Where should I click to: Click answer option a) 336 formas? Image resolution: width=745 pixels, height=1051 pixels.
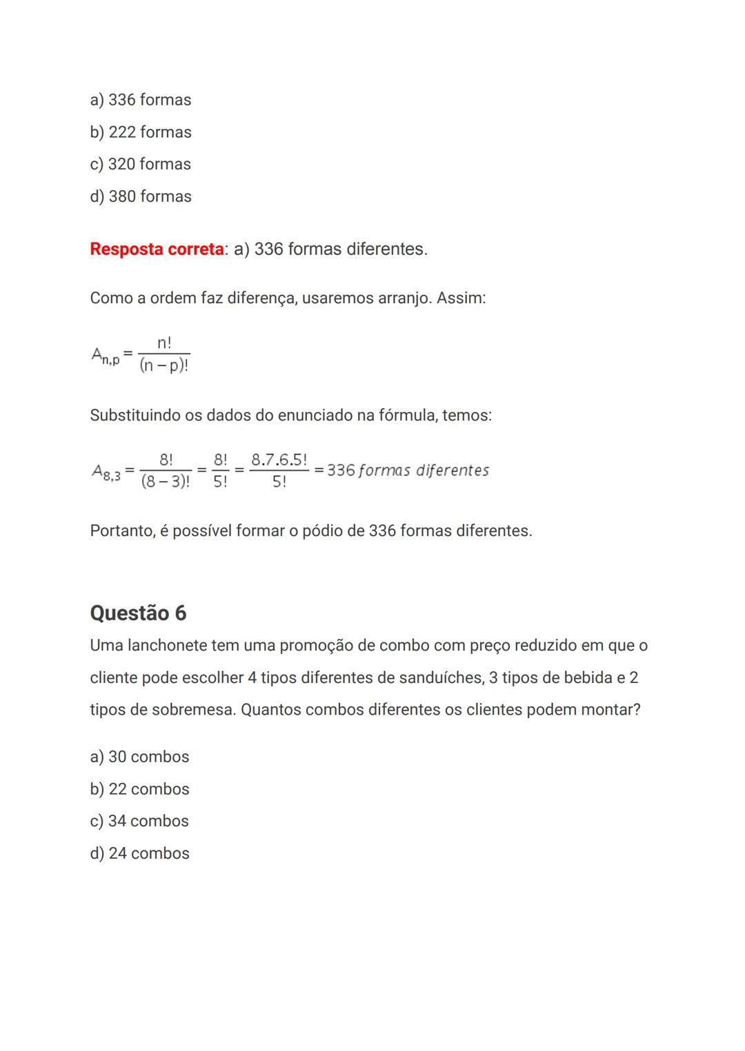pyautogui.click(x=141, y=100)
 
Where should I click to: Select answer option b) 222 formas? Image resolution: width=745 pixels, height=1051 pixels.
pyautogui.click(x=141, y=132)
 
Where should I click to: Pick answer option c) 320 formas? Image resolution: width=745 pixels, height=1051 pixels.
pyautogui.click(x=141, y=164)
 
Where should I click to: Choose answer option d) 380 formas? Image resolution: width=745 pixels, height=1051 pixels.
pyautogui.click(x=141, y=196)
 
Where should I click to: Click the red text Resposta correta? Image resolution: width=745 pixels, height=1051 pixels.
pyautogui.click(x=157, y=249)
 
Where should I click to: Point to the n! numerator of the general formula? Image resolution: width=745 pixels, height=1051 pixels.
pyautogui.click(x=164, y=343)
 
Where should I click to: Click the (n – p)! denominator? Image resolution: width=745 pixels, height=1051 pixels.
pyautogui.click(x=164, y=365)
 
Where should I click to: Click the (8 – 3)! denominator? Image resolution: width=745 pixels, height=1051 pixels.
pyautogui.click(x=166, y=482)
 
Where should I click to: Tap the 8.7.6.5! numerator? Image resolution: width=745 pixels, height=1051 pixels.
pyautogui.click(x=279, y=460)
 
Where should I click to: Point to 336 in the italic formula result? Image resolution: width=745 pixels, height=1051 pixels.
pyautogui.click(x=341, y=471)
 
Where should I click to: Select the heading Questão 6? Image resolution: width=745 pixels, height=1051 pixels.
pyautogui.click(x=138, y=613)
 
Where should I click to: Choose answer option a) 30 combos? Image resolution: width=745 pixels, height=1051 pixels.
pyautogui.click(x=139, y=757)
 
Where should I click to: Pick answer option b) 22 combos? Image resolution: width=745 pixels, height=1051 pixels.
pyautogui.click(x=139, y=789)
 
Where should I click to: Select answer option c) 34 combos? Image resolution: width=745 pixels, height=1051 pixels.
pyautogui.click(x=139, y=821)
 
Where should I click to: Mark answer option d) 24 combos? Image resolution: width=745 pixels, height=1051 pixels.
pyautogui.click(x=139, y=853)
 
